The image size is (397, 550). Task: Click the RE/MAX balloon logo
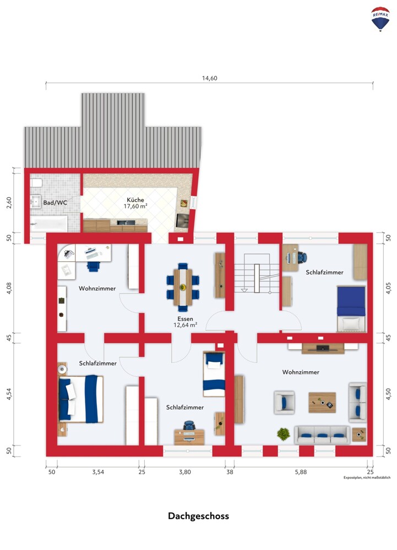pos(380,19)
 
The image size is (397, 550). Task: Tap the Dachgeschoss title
pos(198,516)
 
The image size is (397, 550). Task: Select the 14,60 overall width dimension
pos(210,78)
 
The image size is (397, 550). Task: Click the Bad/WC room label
pos(55,203)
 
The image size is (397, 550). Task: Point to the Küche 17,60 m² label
pos(135,203)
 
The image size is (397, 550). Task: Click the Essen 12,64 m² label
pos(185,322)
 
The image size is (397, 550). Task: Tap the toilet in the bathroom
pos(36,183)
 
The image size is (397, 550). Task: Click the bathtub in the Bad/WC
pos(49,223)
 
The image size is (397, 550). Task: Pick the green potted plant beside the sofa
pos(284,435)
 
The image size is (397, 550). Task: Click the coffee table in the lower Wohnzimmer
pos(322,403)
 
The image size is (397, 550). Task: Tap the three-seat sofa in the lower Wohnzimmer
pos(322,435)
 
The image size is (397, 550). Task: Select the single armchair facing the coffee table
pos(284,403)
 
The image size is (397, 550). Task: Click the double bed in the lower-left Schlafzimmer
pos(81,399)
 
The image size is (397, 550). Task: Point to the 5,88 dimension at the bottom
pos(301,472)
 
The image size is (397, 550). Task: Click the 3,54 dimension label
pos(98,472)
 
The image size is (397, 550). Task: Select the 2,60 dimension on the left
pos(9,203)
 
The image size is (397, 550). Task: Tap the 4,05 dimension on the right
pos(388,288)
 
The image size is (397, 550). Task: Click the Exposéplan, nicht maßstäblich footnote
pos(367,477)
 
